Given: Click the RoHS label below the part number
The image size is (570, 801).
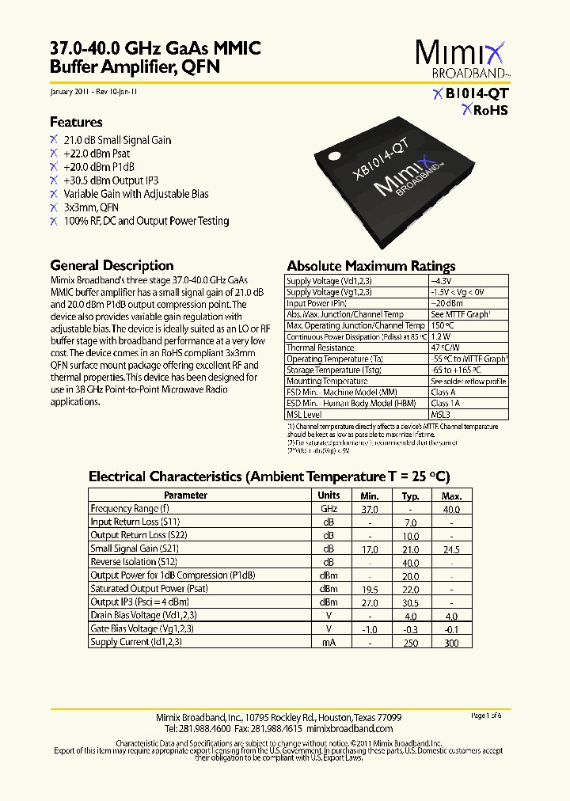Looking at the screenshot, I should click(x=484, y=110).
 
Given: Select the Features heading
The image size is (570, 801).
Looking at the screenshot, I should click(x=76, y=122).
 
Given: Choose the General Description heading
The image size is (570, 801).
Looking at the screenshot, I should click(x=112, y=265).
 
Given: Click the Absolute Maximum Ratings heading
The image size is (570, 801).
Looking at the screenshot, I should click(x=370, y=266).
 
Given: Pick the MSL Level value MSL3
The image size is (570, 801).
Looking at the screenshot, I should click(x=440, y=414).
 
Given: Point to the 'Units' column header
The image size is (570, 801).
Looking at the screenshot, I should click(x=329, y=495).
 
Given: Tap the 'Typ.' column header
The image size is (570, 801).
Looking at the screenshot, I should click(x=410, y=495).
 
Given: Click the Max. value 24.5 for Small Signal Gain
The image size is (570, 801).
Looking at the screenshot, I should click(x=450, y=549).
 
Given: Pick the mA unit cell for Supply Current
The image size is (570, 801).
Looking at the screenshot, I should click(x=329, y=642).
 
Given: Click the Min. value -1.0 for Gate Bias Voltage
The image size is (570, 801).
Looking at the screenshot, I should click(x=369, y=628).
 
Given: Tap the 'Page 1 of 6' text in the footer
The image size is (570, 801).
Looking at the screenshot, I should click(x=491, y=716).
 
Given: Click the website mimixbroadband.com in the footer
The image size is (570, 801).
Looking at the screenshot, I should click(x=349, y=728).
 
